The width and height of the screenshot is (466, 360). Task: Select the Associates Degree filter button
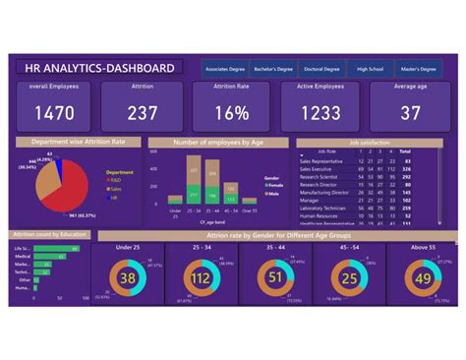(224, 68)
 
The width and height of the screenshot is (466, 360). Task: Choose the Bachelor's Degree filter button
(272, 68)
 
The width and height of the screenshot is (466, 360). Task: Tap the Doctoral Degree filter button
(320, 68)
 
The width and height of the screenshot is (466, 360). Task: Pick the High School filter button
(370, 68)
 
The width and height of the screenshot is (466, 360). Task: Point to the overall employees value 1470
(54, 112)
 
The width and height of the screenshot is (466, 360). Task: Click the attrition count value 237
(143, 112)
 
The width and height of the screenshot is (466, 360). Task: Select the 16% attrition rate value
(233, 112)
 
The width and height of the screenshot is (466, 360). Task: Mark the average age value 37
(412, 112)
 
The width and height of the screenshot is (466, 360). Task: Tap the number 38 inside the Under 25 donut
(128, 278)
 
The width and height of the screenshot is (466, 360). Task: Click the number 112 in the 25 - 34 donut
(202, 278)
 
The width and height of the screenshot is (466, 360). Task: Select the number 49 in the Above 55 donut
(424, 278)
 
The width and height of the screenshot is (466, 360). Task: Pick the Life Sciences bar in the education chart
(45, 247)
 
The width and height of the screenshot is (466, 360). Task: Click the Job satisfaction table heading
(370, 142)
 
